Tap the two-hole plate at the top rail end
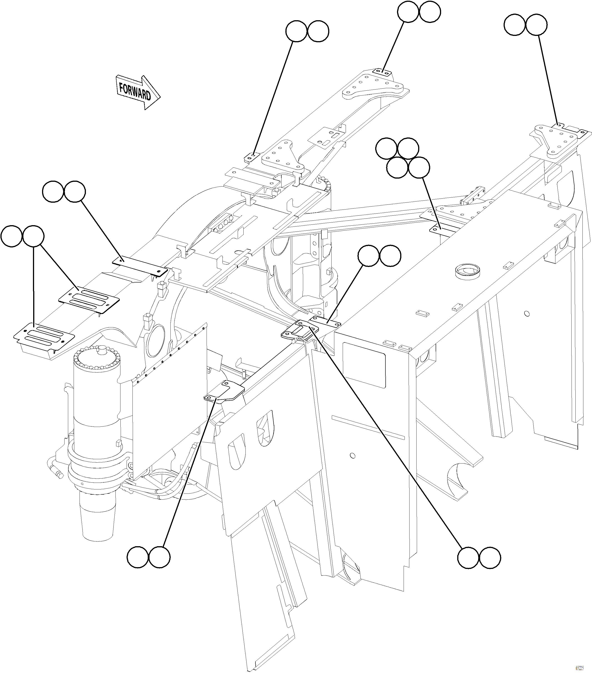point(382,72)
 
